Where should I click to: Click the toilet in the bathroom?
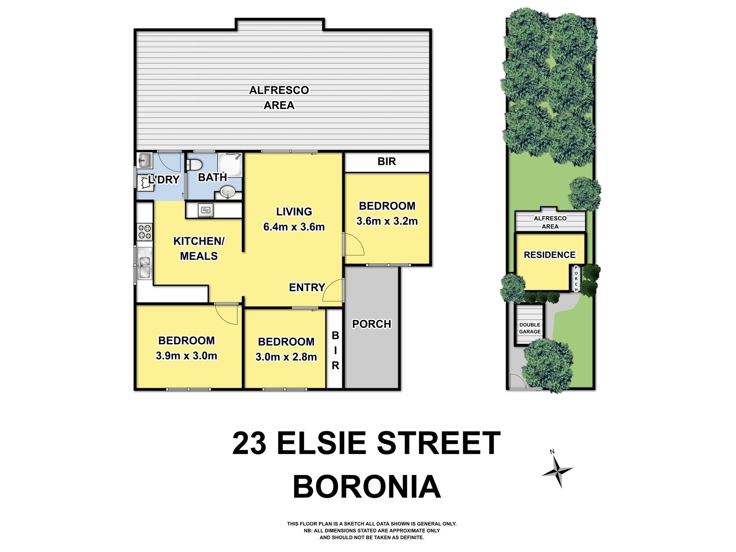tap(194, 165)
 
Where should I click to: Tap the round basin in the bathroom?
tap(228, 191)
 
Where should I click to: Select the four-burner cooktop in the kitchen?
tap(145, 232)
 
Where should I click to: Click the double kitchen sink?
tap(145, 263)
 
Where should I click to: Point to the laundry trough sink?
tap(145, 161)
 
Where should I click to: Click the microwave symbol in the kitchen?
tap(206, 210)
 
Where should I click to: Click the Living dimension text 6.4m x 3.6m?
tap(294, 227)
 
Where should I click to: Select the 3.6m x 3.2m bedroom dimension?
tap(387, 221)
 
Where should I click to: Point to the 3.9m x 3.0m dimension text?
tap(186, 356)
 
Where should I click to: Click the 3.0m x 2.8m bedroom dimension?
tap(286, 357)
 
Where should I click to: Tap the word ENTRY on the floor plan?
tap(307, 287)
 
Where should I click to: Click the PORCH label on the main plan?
tap(372, 324)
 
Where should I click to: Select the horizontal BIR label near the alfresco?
tap(387, 161)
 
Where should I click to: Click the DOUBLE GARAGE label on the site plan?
tap(530, 328)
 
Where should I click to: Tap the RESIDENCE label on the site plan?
tap(550, 255)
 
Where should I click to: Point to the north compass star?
tap(557, 471)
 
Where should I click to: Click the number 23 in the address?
tap(249, 443)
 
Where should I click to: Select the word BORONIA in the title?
tap(367, 486)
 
